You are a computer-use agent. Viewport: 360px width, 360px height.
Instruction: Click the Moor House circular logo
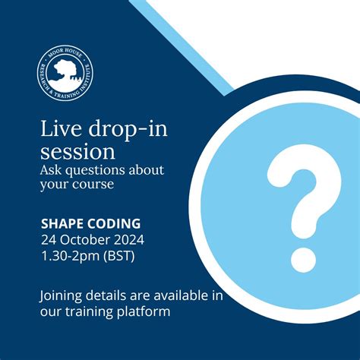(x=64, y=75)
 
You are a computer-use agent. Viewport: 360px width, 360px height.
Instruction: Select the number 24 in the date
(x=49, y=239)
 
